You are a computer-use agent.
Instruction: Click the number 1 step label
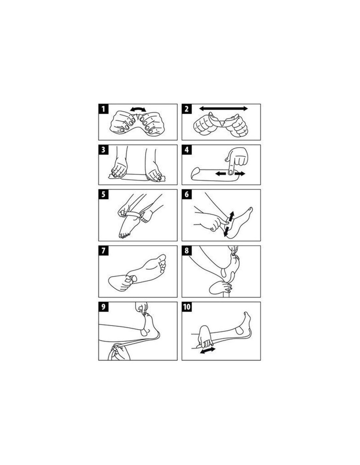click(103, 109)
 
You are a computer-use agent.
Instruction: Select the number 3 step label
click(103, 150)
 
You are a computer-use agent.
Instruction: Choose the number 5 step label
click(103, 194)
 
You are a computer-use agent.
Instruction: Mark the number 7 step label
click(103, 250)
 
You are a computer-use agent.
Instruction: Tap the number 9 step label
click(103, 307)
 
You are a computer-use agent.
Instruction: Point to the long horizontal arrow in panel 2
click(223, 109)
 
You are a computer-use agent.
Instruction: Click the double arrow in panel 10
click(207, 351)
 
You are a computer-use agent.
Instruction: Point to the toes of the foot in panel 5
click(124, 235)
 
